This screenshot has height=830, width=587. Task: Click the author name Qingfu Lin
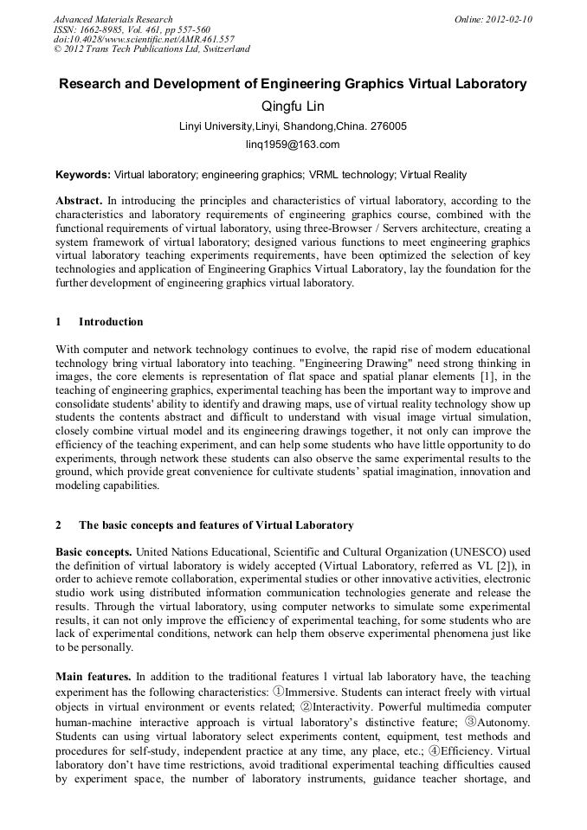tap(293, 106)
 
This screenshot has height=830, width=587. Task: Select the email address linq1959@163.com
tap(293, 145)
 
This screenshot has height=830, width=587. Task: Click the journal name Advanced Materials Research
tap(113, 19)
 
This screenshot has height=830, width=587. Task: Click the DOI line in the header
tap(144, 39)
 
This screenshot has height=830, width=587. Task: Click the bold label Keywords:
tap(83, 174)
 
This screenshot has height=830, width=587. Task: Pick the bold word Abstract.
tap(79, 200)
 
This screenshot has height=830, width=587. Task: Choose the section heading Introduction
tap(111, 322)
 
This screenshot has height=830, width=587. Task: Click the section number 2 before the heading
tap(59, 525)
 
